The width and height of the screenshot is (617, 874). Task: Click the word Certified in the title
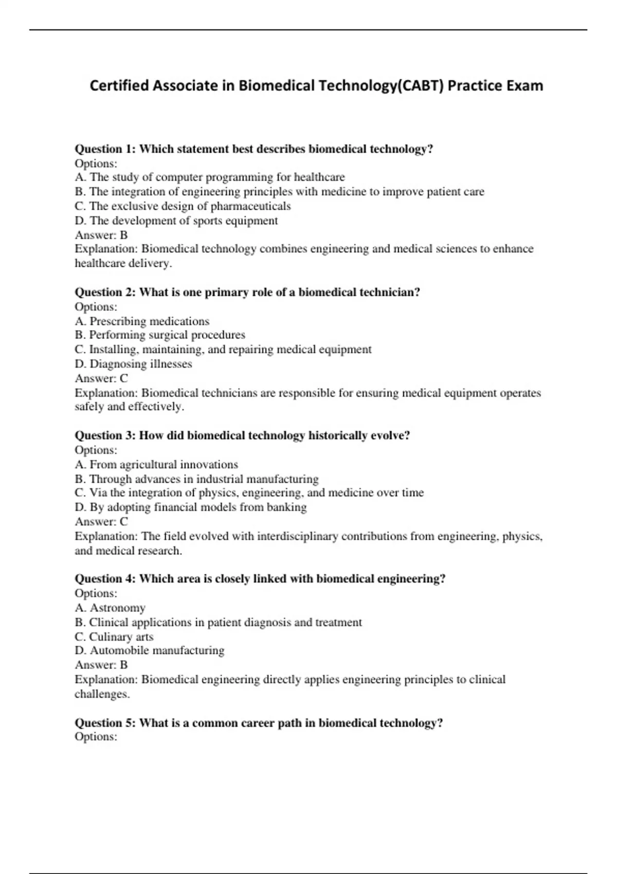119,85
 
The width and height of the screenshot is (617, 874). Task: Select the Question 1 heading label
105,149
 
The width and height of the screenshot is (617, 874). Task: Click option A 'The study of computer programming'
210,177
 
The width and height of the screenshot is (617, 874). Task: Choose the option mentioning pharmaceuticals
183,206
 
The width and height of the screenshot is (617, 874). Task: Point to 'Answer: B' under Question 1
101,235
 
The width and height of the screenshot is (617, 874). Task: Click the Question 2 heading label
105,293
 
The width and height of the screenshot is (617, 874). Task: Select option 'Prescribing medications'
142,321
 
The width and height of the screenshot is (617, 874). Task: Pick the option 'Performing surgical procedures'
160,335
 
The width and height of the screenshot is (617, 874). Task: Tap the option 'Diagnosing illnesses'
134,364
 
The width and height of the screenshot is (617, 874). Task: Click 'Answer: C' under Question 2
101,378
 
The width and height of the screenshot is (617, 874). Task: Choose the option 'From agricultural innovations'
156,465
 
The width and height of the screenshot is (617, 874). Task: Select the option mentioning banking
191,507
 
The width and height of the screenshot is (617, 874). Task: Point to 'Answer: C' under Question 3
101,522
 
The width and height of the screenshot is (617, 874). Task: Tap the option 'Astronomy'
110,608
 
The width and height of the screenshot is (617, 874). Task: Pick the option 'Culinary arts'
114,636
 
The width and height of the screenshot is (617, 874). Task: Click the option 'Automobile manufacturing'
150,651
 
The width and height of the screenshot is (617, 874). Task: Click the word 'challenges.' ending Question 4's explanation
102,694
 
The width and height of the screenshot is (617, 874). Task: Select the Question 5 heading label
105,723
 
